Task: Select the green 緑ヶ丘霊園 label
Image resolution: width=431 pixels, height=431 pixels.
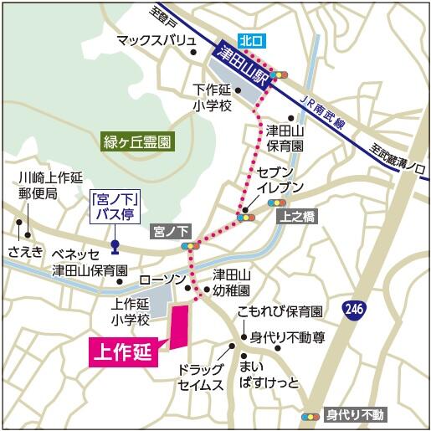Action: coord(137,141)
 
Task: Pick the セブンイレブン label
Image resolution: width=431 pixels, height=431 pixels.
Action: coord(280,178)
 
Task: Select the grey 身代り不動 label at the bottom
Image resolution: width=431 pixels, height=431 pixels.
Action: coord(354,414)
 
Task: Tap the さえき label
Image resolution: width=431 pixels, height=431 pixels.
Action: coord(25,250)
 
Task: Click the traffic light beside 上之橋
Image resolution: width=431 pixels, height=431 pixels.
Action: coord(276,203)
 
